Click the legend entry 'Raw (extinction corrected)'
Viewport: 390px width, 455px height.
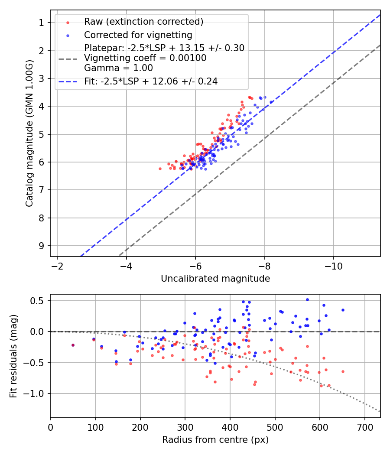pos(143,22)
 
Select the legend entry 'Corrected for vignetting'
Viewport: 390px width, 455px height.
pos(138,35)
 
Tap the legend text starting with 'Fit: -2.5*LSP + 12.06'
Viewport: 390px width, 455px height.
pos(151,81)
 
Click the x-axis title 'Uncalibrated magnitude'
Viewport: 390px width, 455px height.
pos(215,279)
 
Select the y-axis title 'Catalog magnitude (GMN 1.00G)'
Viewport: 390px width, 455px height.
pos(29,133)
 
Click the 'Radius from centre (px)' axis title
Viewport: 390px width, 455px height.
pos(215,440)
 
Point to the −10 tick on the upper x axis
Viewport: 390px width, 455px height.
pos(333,265)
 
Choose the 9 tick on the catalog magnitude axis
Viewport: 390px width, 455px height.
pos(42,246)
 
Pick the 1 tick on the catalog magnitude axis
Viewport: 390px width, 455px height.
pos(42,23)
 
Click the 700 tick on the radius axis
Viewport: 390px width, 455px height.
pos(364,427)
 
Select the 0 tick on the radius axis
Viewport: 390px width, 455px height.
pos(51,427)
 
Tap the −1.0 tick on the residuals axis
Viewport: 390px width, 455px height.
pos(37,393)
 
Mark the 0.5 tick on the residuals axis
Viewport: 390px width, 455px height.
pos(39,300)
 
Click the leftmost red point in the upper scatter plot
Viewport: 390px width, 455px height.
pos(160,169)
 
